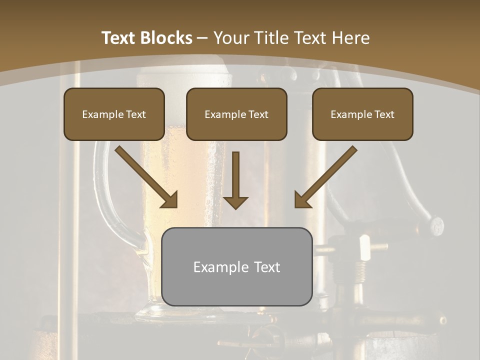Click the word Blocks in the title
[166, 38]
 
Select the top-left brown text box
[114, 114]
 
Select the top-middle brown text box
[236, 114]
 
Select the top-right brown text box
[362, 114]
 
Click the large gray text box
[236, 266]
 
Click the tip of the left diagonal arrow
[175, 205]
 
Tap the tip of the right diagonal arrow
[297, 205]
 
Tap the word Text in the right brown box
[384, 114]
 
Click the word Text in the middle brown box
[258, 114]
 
